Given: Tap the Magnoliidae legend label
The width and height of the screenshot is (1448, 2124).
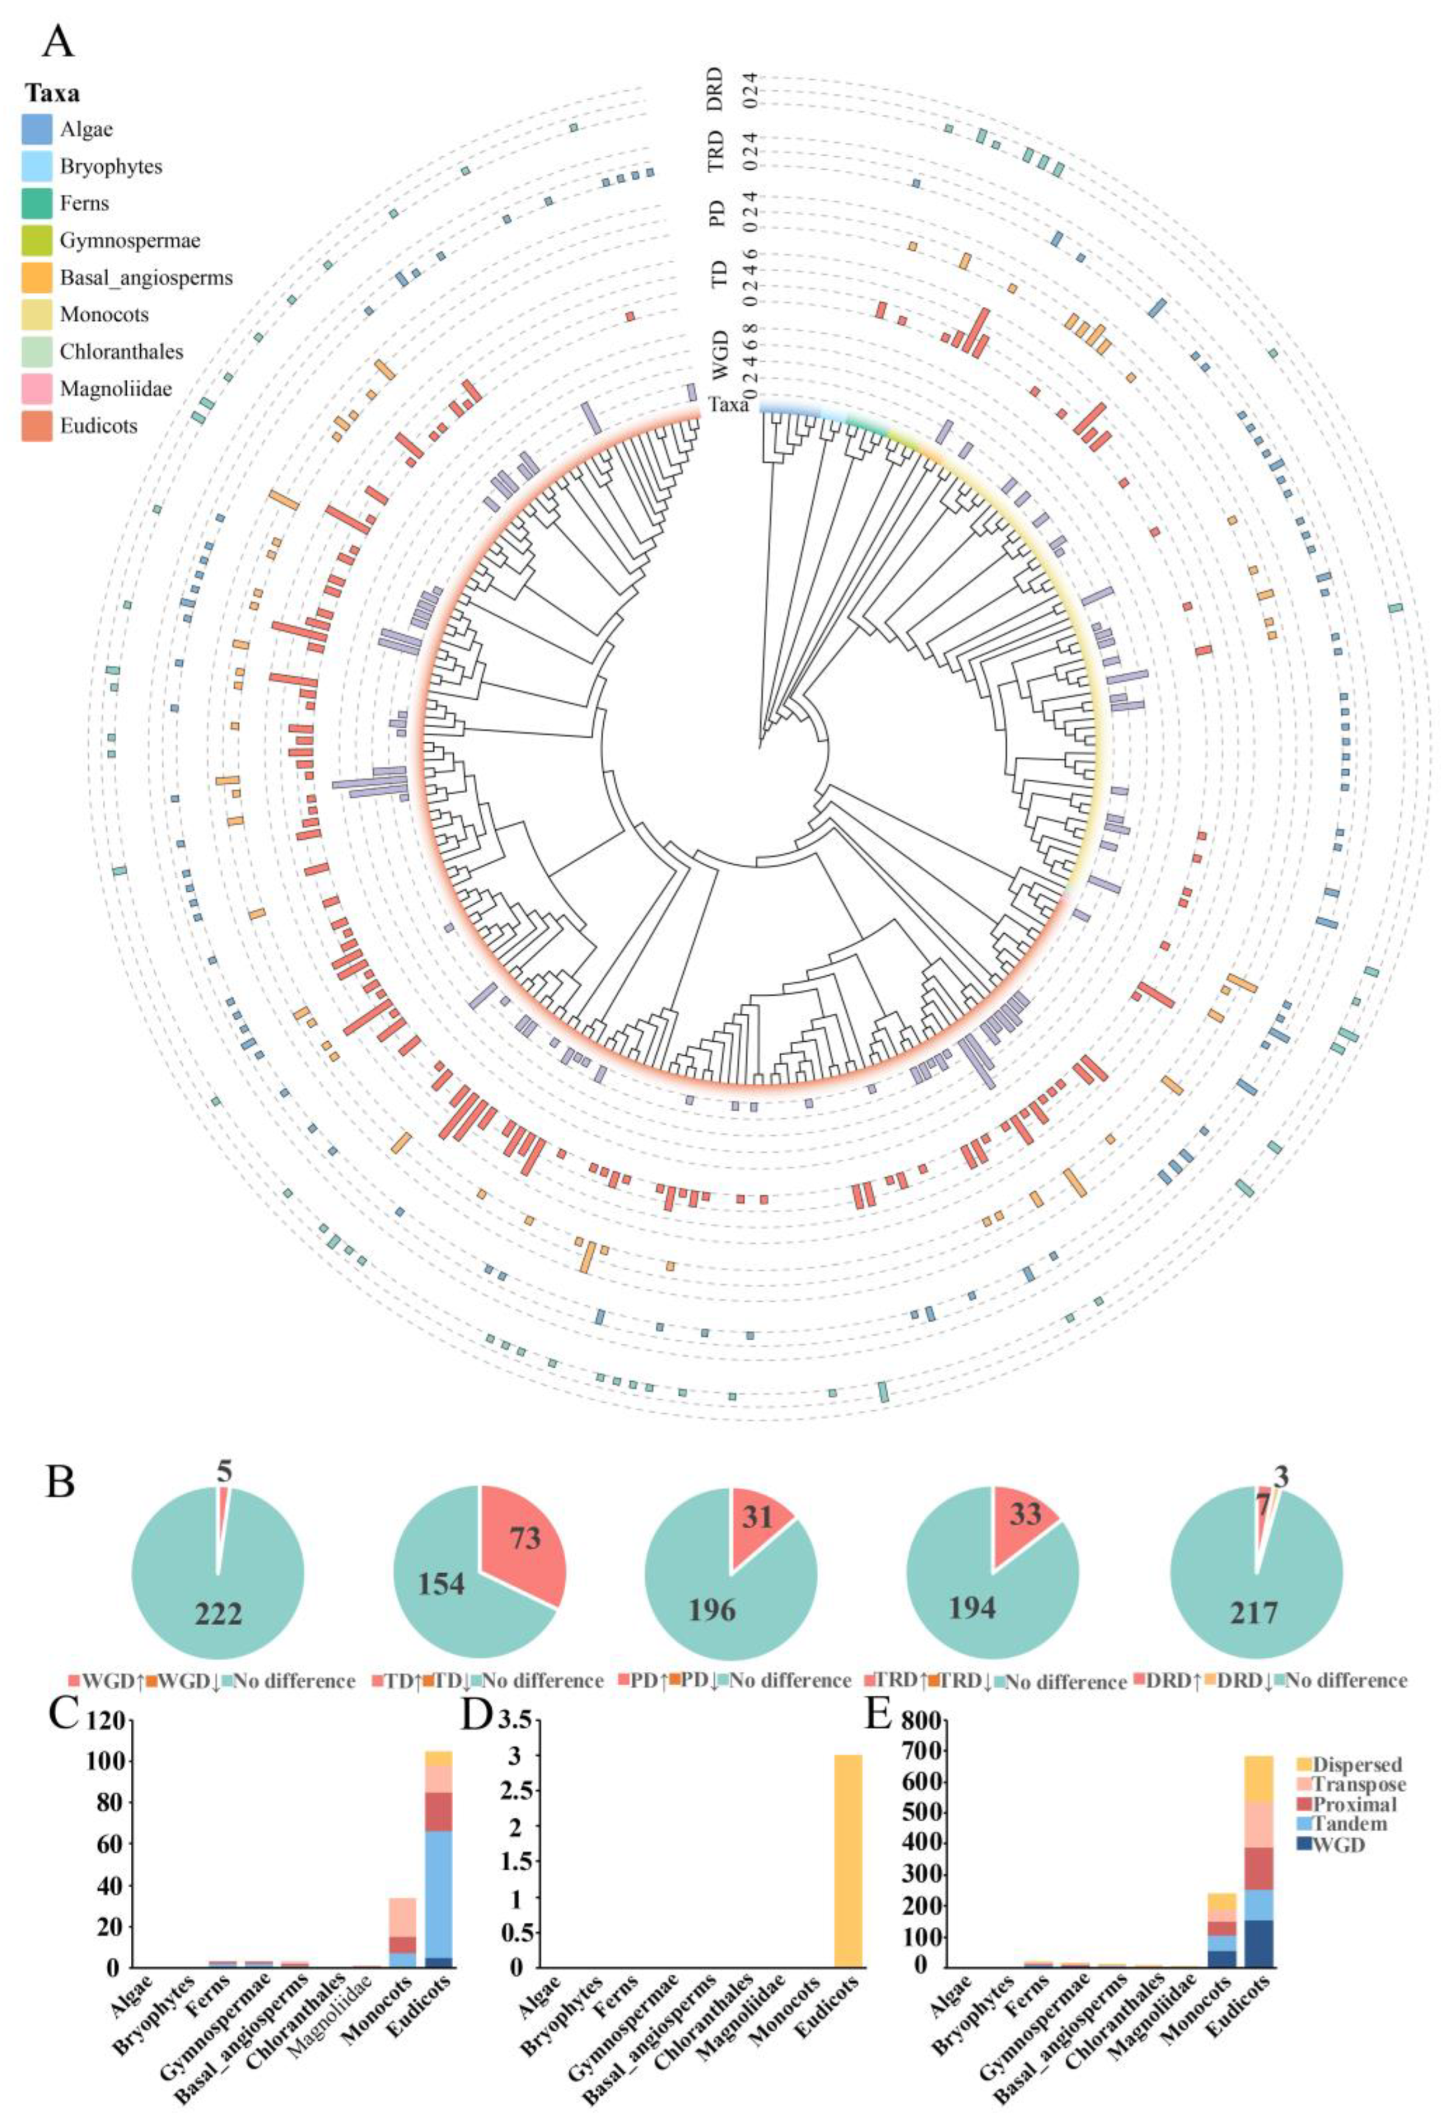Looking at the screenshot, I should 116,389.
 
